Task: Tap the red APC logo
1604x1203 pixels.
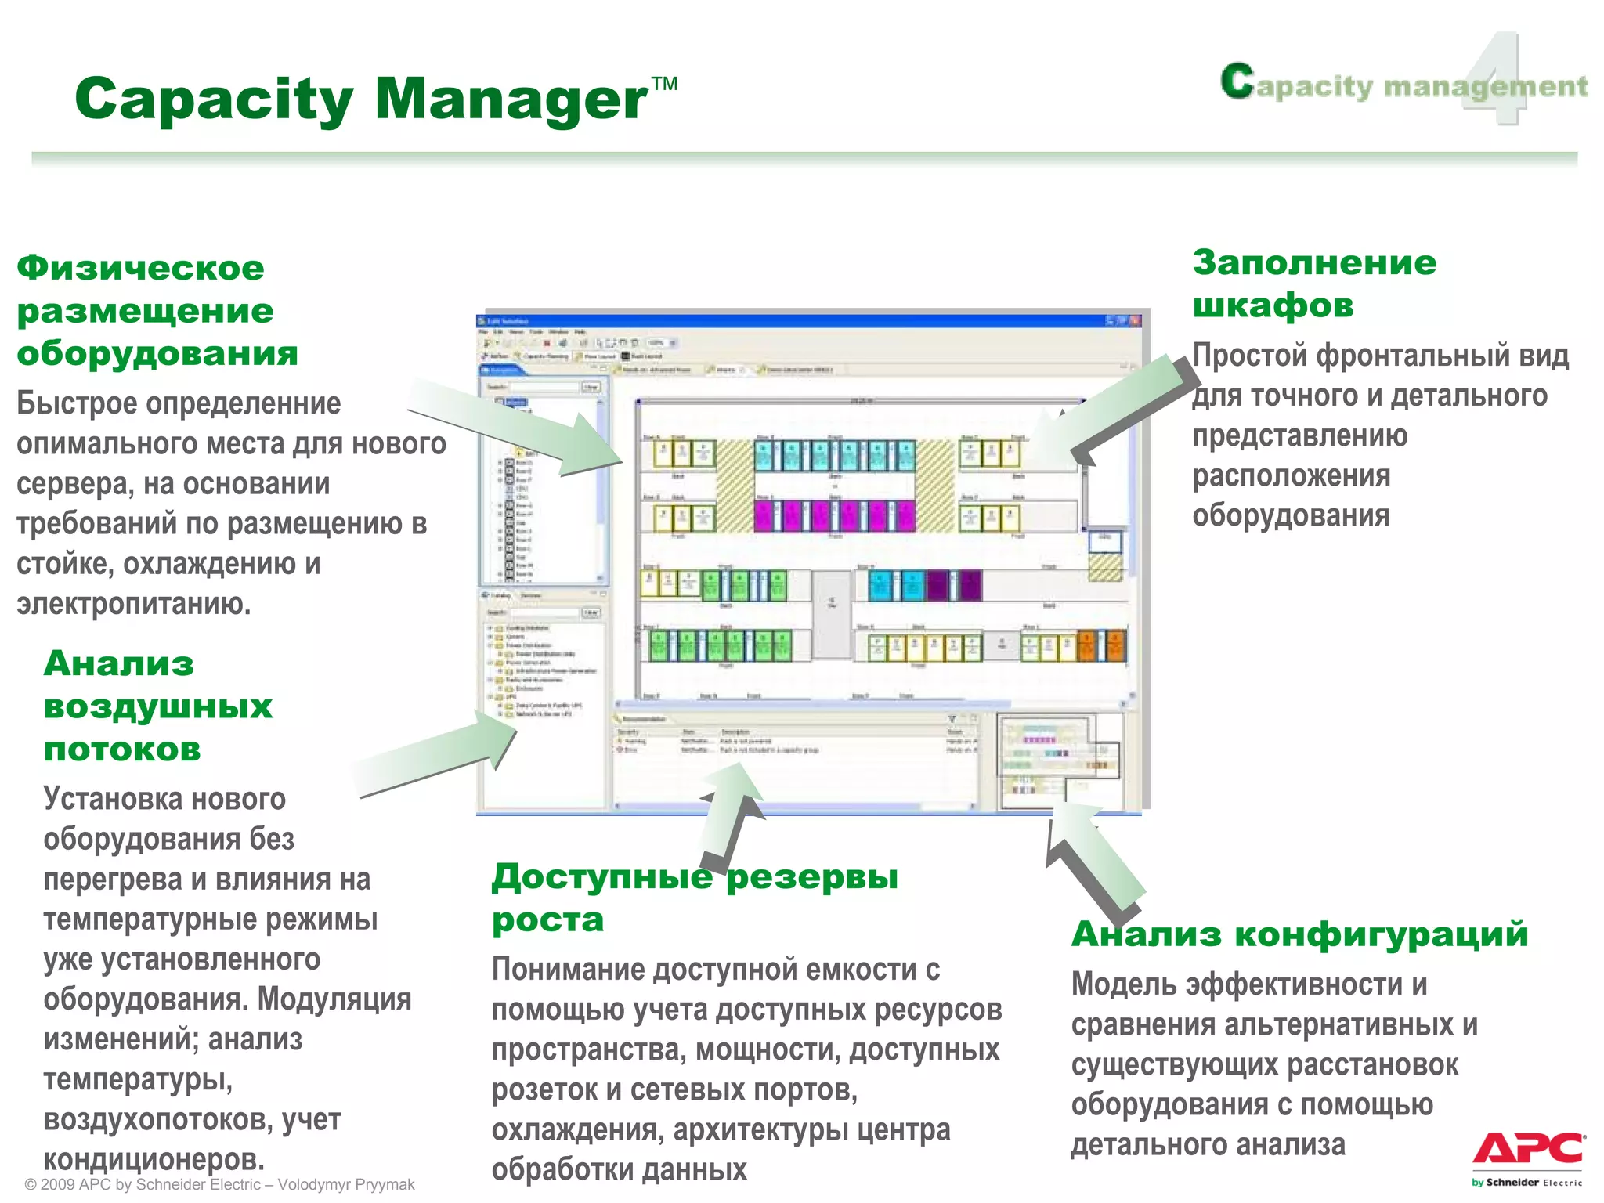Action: pyautogui.click(x=1527, y=1150)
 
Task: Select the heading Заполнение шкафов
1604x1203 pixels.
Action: pyautogui.click(x=1314, y=284)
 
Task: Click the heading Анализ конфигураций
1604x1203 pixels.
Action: pyautogui.click(x=1300, y=934)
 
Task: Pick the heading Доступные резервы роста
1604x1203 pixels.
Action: pyautogui.click(x=694, y=898)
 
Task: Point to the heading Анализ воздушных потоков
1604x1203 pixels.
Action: pyautogui.click(x=157, y=706)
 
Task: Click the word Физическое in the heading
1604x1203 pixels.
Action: pyautogui.click(x=141, y=268)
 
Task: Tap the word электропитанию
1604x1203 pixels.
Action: pyautogui.click(x=133, y=604)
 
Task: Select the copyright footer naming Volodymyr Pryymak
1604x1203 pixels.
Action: pyautogui.click(x=219, y=1184)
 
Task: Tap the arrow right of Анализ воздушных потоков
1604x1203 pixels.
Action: pyautogui.click(x=439, y=752)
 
